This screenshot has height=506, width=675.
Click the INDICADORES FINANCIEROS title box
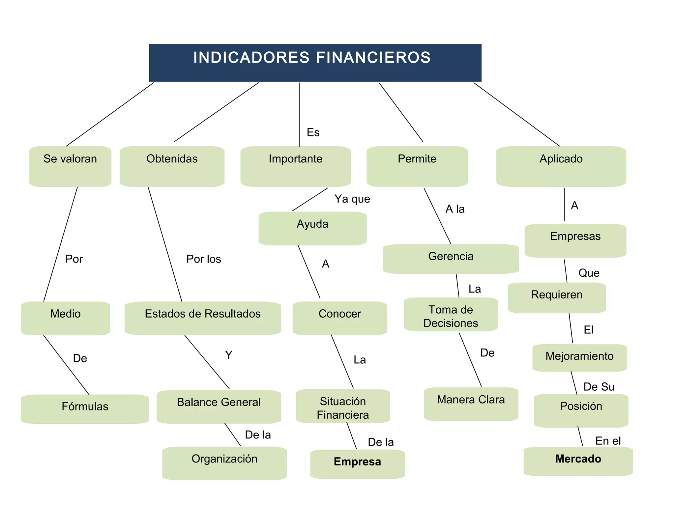[x=315, y=63]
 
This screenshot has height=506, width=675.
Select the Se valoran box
[x=70, y=166]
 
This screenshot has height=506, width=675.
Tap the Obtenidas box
[x=172, y=166]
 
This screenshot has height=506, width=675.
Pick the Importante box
[x=296, y=166]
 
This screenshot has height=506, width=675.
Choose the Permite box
[x=417, y=166]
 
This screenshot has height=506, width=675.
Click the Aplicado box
[x=561, y=166]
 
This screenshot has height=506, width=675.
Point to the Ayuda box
[x=312, y=228]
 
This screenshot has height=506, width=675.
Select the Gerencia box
[x=451, y=259]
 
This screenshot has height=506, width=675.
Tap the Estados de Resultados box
[x=203, y=318]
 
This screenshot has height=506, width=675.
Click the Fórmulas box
[x=85, y=409]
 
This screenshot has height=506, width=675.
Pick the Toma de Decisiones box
[x=451, y=315]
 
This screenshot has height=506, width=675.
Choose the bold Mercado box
[x=578, y=461]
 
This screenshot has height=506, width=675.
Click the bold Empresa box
[x=357, y=464]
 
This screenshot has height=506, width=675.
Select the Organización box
[x=224, y=463]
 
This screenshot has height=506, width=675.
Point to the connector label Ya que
[x=352, y=199]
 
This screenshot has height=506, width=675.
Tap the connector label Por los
[x=203, y=259]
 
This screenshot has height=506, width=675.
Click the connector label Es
[x=313, y=132]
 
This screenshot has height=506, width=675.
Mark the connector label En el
[x=608, y=441]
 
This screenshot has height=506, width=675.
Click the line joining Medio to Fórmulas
[x=66, y=365]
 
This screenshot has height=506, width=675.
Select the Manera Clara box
[x=471, y=404]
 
